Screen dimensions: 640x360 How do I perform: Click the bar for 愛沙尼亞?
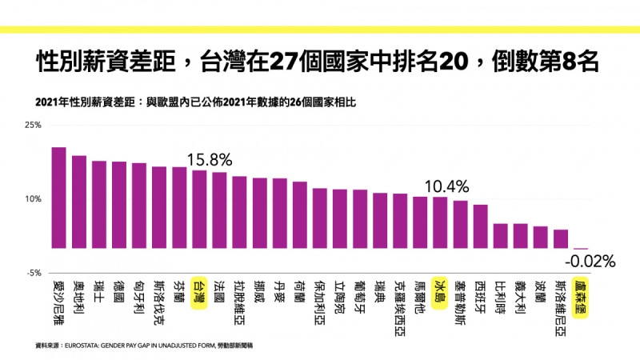click(x=58, y=198)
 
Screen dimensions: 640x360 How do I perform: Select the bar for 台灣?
click(x=199, y=209)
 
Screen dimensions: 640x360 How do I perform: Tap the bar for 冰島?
click(x=440, y=222)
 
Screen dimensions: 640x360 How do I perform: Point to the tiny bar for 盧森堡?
click(x=581, y=249)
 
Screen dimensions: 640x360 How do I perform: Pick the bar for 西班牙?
click(x=481, y=226)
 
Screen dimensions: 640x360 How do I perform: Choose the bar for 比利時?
click(x=501, y=236)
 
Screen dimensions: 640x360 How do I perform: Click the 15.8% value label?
click(x=210, y=159)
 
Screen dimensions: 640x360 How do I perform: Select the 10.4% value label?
click(x=446, y=186)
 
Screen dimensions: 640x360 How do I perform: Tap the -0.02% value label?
click(x=590, y=262)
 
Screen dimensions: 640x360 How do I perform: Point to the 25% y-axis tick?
click(x=33, y=125)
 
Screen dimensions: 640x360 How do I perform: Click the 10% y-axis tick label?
click(x=33, y=198)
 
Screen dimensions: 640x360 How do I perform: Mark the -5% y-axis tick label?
click(x=34, y=273)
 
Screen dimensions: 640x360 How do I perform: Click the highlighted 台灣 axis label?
click(x=199, y=293)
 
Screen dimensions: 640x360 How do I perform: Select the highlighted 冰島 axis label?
click(x=440, y=293)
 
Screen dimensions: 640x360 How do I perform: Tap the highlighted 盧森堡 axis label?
click(x=581, y=298)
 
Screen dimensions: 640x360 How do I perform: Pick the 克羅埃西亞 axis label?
click(x=400, y=308)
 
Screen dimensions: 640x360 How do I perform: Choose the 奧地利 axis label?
click(x=78, y=297)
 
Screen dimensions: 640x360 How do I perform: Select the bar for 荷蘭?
click(x=299, y=214)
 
